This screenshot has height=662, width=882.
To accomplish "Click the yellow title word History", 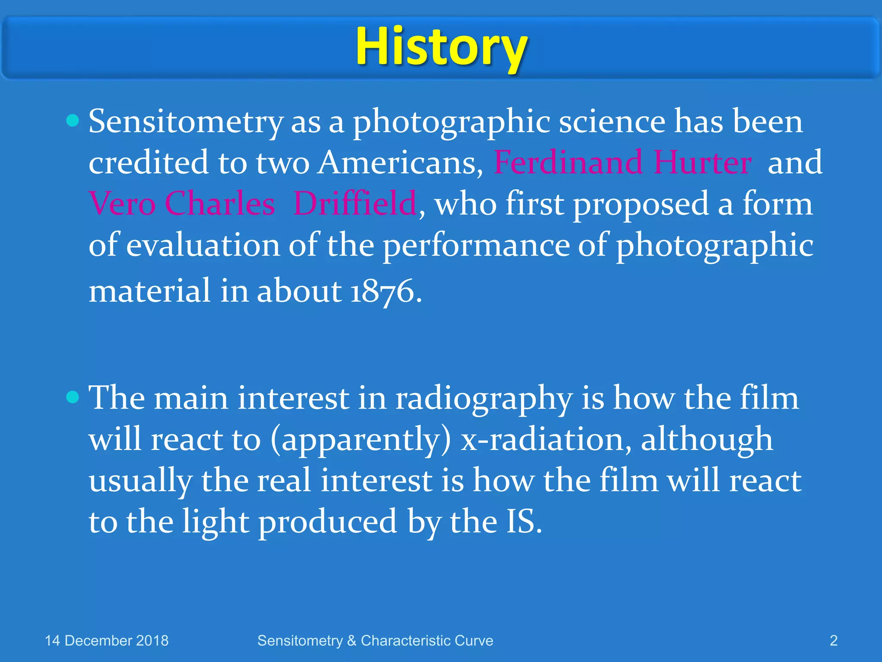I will click(x=441, y=47).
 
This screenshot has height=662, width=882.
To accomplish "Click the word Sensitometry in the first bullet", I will click(x=186, y=122).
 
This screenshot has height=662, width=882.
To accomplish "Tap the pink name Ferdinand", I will click(x=568, y=162).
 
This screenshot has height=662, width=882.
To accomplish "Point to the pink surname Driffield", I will click(x=354, y=203).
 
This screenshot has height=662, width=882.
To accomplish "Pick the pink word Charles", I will click(x=220, y=203).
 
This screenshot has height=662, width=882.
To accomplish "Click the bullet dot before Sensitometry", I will click(x=73, y=120).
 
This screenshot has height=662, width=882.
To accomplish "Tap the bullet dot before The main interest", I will click(x=73, y=397).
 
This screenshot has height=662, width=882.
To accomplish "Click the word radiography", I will click(x=484, y=399).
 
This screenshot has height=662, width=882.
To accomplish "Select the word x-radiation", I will click(x=543, y=440).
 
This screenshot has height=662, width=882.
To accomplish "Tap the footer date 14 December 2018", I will click(x=106, y=641).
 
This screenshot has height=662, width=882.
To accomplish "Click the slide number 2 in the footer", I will click(x=833, y=641).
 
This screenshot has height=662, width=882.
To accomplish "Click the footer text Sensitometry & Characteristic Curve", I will click(x=375, y=641).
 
